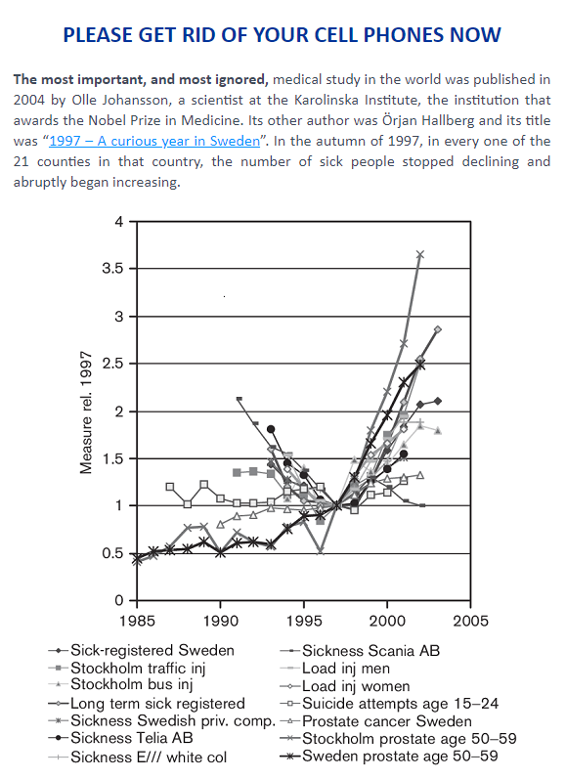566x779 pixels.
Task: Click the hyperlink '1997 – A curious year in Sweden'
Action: [x=154, y=141]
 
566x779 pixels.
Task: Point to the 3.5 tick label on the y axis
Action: [x=112, y=269]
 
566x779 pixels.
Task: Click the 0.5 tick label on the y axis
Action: [x=112, y=553]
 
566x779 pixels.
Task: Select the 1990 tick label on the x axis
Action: [x=220, y=621]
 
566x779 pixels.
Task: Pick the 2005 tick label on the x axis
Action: [x=470, y=621]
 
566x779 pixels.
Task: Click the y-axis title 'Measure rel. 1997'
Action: [x=86, y=412]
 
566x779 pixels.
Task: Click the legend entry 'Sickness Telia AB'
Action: [x=132, y=738]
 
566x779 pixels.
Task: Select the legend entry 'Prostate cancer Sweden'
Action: [x=387, y=721]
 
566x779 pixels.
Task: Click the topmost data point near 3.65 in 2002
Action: [x=420, y=254]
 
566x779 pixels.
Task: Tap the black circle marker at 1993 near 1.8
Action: [x=271, y=429]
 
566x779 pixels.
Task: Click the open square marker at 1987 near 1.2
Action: [x=170, y=487]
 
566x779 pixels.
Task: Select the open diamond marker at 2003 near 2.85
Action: [x=438, y=329]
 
